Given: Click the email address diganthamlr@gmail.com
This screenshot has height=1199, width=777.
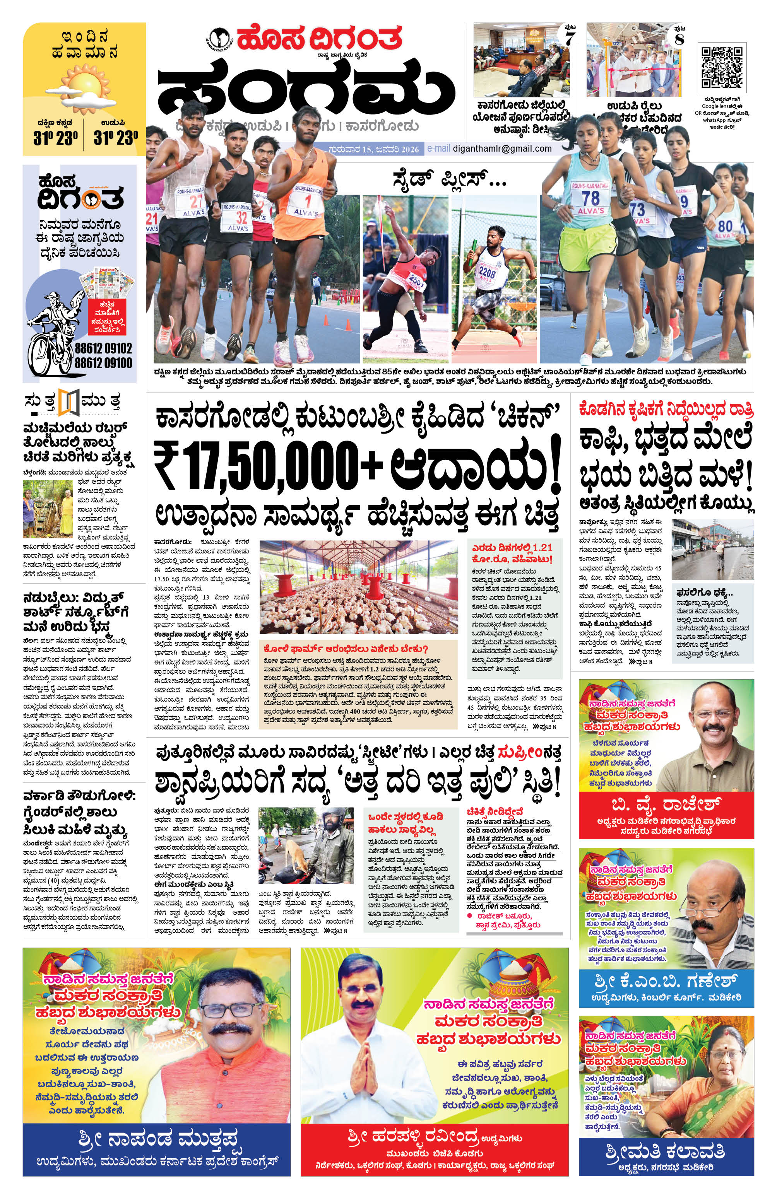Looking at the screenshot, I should pyautogui.click(x=502, y=148).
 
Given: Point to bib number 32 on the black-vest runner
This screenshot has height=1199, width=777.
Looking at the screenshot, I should pyautogui.click(x=241, y=217).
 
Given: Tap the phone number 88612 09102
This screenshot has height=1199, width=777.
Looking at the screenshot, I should pyautogui.click(x=103, y=348).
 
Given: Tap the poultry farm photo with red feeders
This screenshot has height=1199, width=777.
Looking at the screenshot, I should pyautogui.click(x=359, y=586).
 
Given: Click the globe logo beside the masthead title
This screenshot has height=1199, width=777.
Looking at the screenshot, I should pyautogui.click(x=219, y=38).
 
